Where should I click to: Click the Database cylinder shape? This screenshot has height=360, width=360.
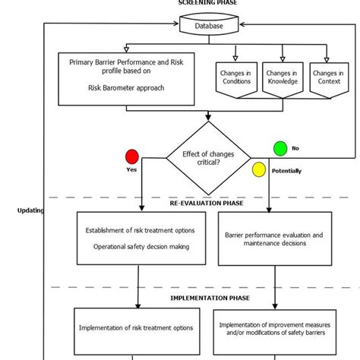coord(209,26)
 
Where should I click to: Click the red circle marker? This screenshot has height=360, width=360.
coord(132,157)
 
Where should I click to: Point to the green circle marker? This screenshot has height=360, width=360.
coord(280,148)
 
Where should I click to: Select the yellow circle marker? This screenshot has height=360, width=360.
coord(259,169)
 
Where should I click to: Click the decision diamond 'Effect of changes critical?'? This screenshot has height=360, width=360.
coord(209,158)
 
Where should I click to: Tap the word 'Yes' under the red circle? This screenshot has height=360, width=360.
coord(131,170)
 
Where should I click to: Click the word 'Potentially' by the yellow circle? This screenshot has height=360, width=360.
coord(286,171)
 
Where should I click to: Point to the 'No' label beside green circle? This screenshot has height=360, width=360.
coord(295,148)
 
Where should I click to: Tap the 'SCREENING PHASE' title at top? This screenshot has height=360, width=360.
coord(207,3)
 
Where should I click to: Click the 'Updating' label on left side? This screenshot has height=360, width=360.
coord(30,210)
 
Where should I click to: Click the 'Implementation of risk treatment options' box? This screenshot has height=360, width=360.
coord(136,328)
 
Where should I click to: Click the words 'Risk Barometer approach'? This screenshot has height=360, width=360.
coord(126,87)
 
